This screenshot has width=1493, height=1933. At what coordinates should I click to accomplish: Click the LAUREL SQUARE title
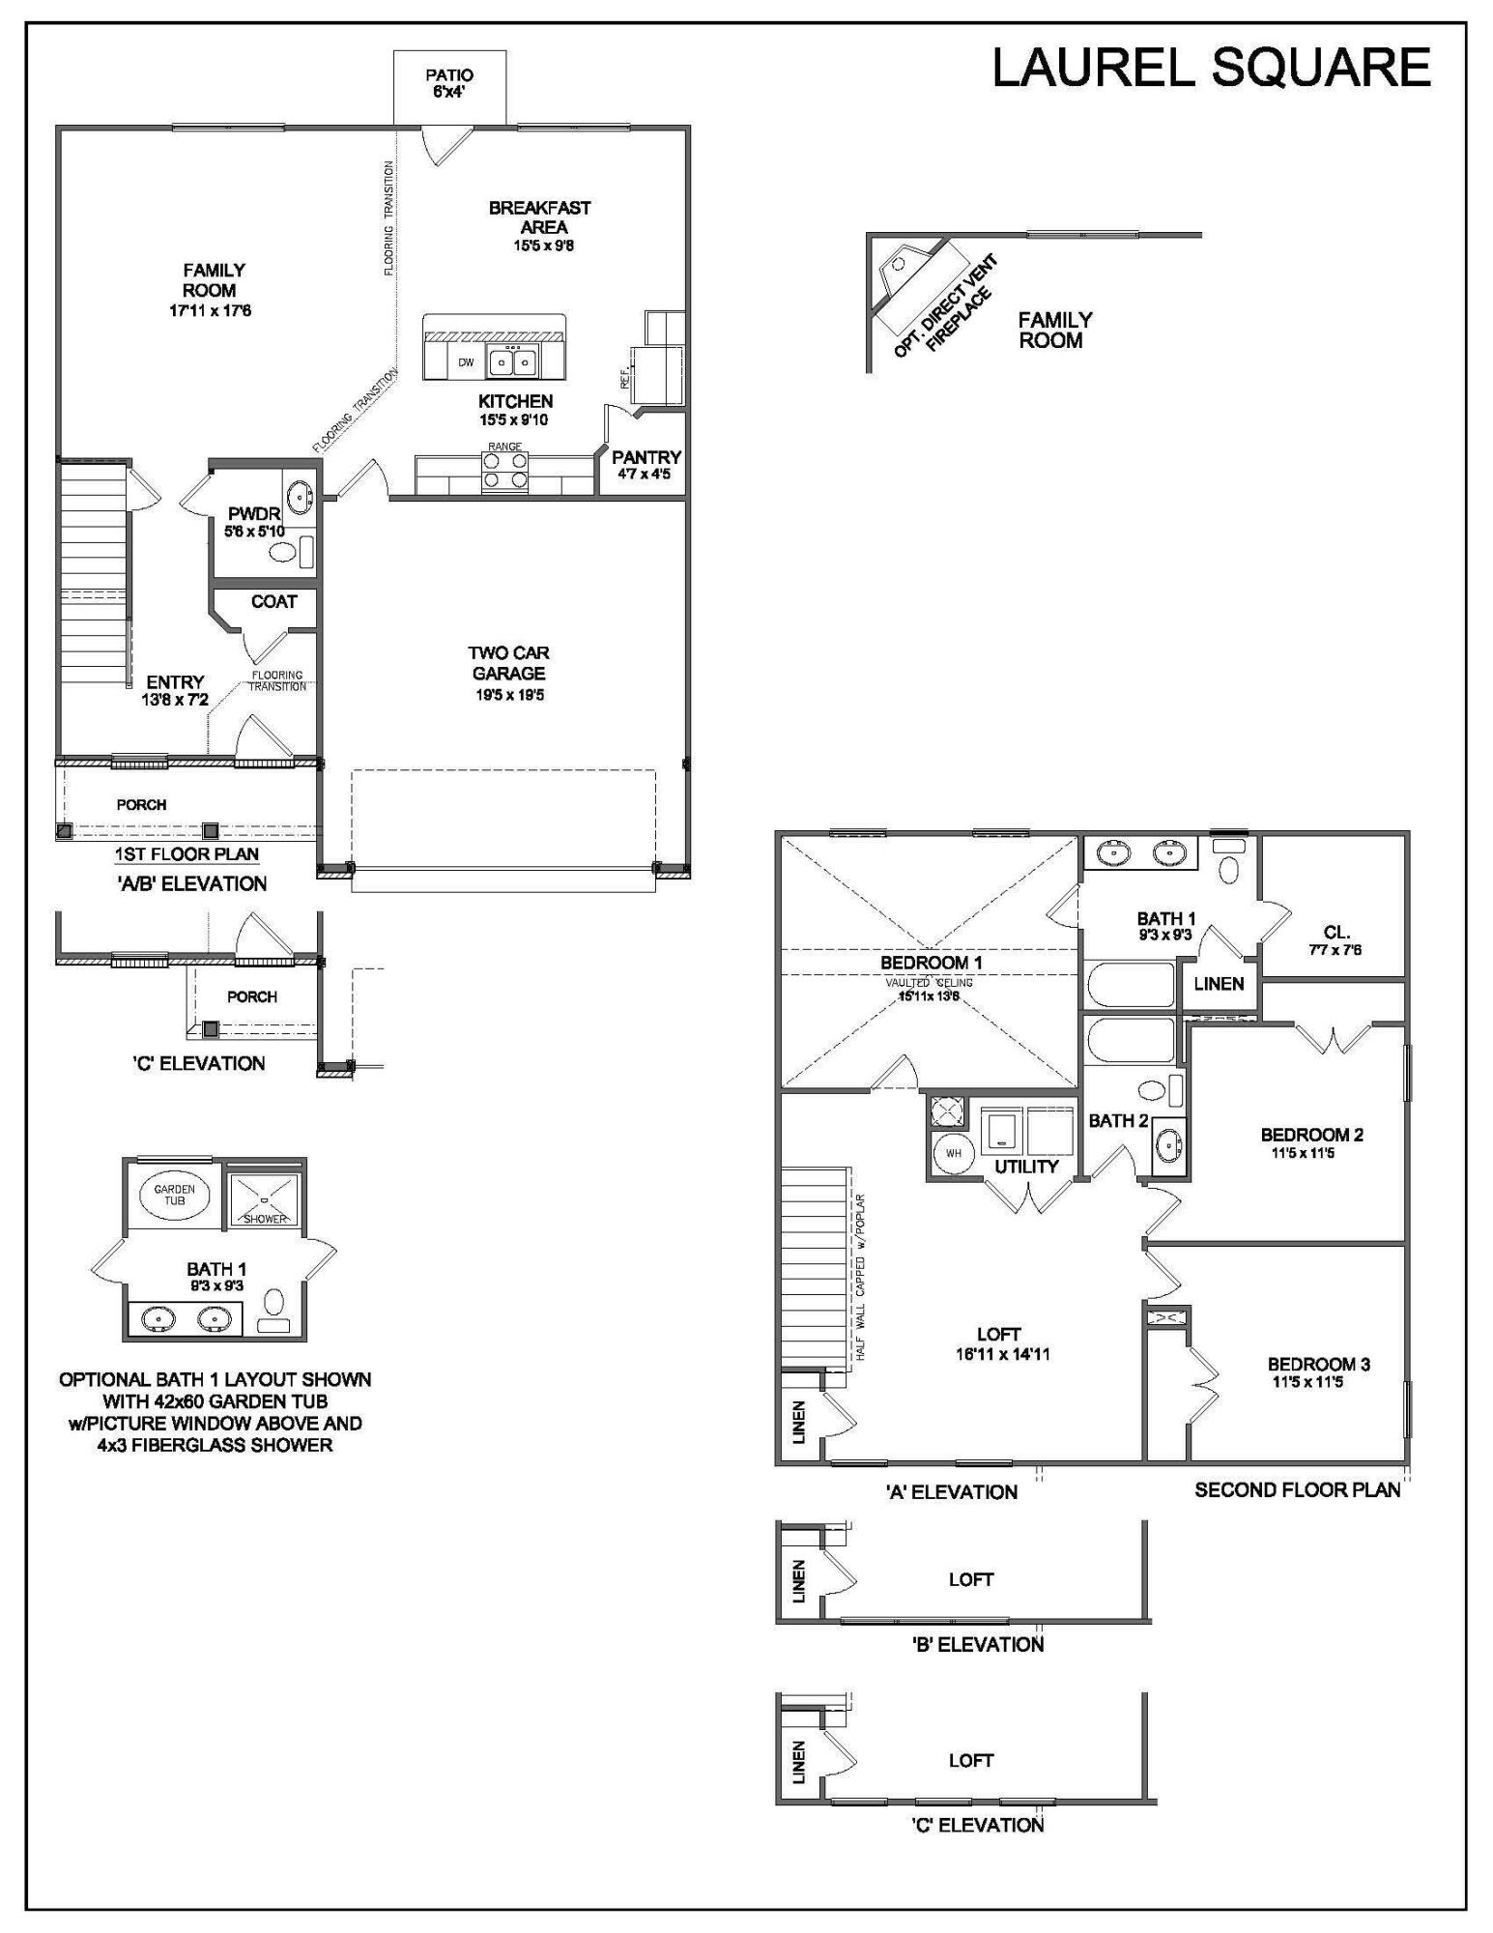(x=1211, y=69)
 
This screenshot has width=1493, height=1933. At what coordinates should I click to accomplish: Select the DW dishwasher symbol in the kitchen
(x=467, y=362)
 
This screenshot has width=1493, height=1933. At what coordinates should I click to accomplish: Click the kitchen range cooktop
(x=505, y=470)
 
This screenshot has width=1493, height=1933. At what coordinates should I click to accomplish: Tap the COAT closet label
(x=273, y=601)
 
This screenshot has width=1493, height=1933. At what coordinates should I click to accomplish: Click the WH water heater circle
(x=953, y=1153)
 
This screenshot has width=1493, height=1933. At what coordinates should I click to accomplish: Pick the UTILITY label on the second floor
(x=1026, y=1167)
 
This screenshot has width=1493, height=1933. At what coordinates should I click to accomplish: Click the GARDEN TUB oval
(x=175, y=1195)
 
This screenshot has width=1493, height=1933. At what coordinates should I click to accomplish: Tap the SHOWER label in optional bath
(x=265, y=1219)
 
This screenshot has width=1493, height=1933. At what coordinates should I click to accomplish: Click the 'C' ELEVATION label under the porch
(x=198, y=1063)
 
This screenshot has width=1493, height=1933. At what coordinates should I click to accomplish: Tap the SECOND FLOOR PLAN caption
(x=1297, y=1489)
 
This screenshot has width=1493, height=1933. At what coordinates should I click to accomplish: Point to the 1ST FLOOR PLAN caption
(x=187, y=854)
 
